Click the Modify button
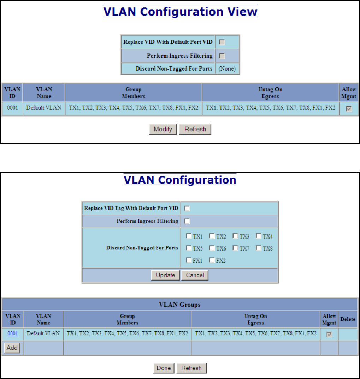click(x=163, y=129)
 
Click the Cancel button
click(x=195, y=275)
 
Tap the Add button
click(x=12, y=348)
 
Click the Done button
click(x=164, y=368)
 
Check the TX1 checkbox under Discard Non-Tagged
click(x=189, y=236)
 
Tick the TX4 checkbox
click(x=259, y=236)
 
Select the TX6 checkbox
click(x=212, y=248)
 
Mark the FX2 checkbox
click(x=212, y=260)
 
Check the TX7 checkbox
click(x=235, y=248)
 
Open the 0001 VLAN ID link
click(x=13, y=333)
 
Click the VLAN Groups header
click(x=180, y=305)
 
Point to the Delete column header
click(x=348, y=319)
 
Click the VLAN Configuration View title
click(x=180, y=12)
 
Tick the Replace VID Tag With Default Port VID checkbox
click(x=187, y=208)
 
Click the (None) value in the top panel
click(x=227, y=68)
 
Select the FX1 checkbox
click(x=189, y=260)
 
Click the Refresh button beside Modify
click(x=195, y=129)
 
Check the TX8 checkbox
click(x=259, y=248)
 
